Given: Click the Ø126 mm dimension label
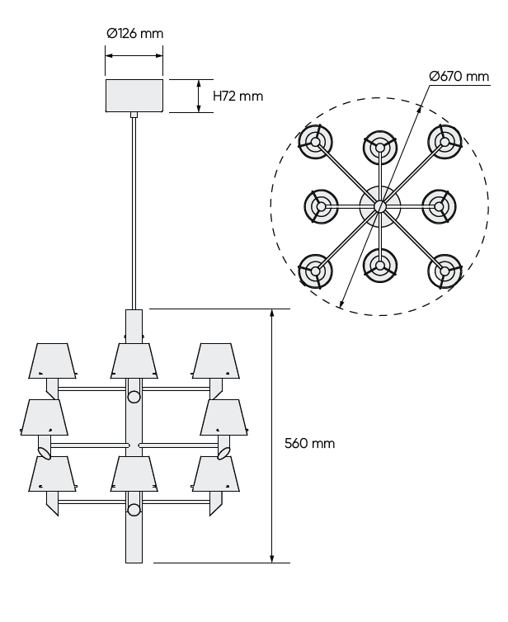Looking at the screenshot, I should pos(134,34).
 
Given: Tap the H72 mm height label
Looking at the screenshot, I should pos(238,96).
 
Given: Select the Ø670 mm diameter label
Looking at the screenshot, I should pos(459,77).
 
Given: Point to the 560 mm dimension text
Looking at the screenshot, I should pos(309,443).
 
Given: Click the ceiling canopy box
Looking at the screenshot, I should pos(134,95).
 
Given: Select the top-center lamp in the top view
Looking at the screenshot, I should pos(379,147).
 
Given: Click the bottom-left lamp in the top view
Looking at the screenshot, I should pos(315,269).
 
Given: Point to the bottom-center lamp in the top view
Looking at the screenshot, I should pos(379,264).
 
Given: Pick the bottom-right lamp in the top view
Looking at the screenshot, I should pos(444,269).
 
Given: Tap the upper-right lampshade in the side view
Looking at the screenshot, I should pos(216,360).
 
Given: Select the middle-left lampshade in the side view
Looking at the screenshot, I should pos(43,417).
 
